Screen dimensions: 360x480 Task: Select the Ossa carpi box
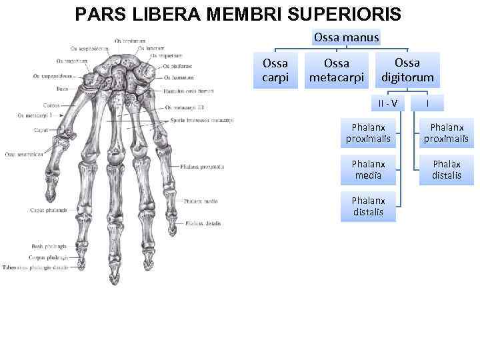275,71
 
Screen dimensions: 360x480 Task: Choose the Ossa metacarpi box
336,71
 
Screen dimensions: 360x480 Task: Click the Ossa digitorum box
407,69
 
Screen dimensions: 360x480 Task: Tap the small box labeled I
427,103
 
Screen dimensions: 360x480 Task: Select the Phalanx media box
367,169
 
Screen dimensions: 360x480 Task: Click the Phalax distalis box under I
446,169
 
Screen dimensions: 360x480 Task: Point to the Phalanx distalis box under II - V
367,206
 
